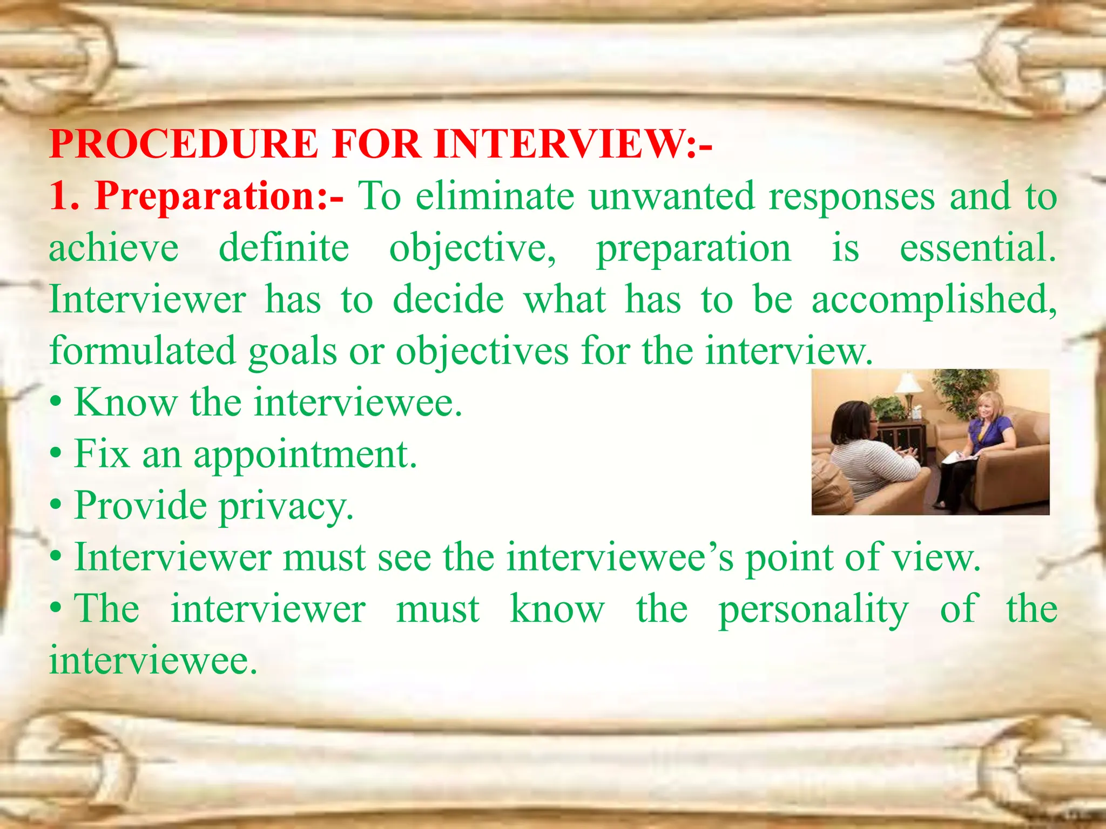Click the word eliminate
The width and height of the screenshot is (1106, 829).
(x=495, y=196)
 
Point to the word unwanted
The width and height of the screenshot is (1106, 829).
(x=671, y=196)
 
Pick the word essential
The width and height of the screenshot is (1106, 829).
(x=977, y=248)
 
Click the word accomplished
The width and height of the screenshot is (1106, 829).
(x=934, y=300)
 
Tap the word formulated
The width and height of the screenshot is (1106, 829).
(x=143, y=351)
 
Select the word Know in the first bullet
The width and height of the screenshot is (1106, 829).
(x=126, y=403)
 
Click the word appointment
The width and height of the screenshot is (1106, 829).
(x=305, y=454)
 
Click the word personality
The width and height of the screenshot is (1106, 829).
(x=813, y=609)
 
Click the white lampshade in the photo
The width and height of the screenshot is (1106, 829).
(x=909, y=384)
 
